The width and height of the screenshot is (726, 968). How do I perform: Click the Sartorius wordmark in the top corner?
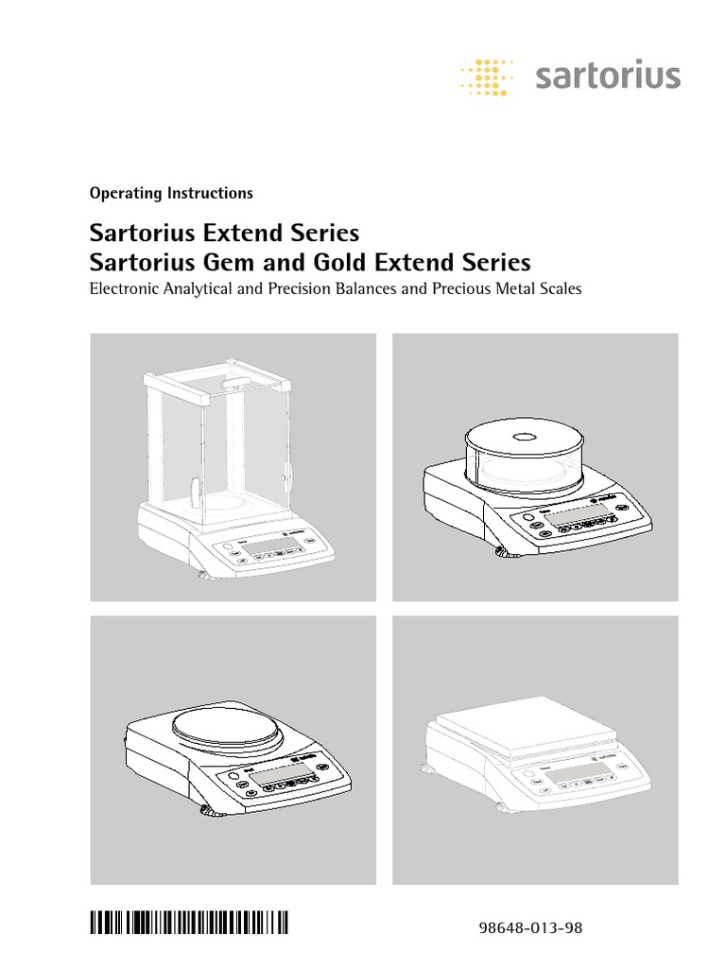click(x=608, y=75)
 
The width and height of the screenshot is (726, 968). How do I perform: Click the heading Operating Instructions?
click(x=171, y=193)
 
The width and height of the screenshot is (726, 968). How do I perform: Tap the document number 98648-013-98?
click(x=532, y=927)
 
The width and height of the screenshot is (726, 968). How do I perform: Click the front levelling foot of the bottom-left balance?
click(x=204, y=810)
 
